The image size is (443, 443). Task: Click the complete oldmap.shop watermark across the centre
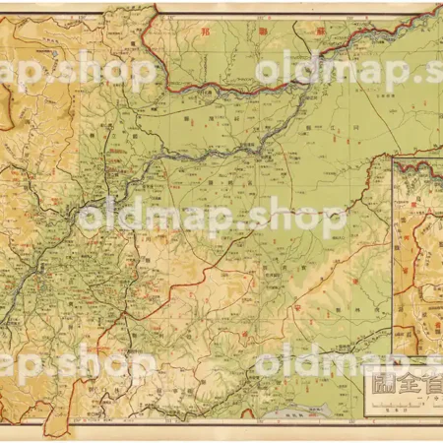[x=212, y=217]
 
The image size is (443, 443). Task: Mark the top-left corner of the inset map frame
[x=393, y=157]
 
